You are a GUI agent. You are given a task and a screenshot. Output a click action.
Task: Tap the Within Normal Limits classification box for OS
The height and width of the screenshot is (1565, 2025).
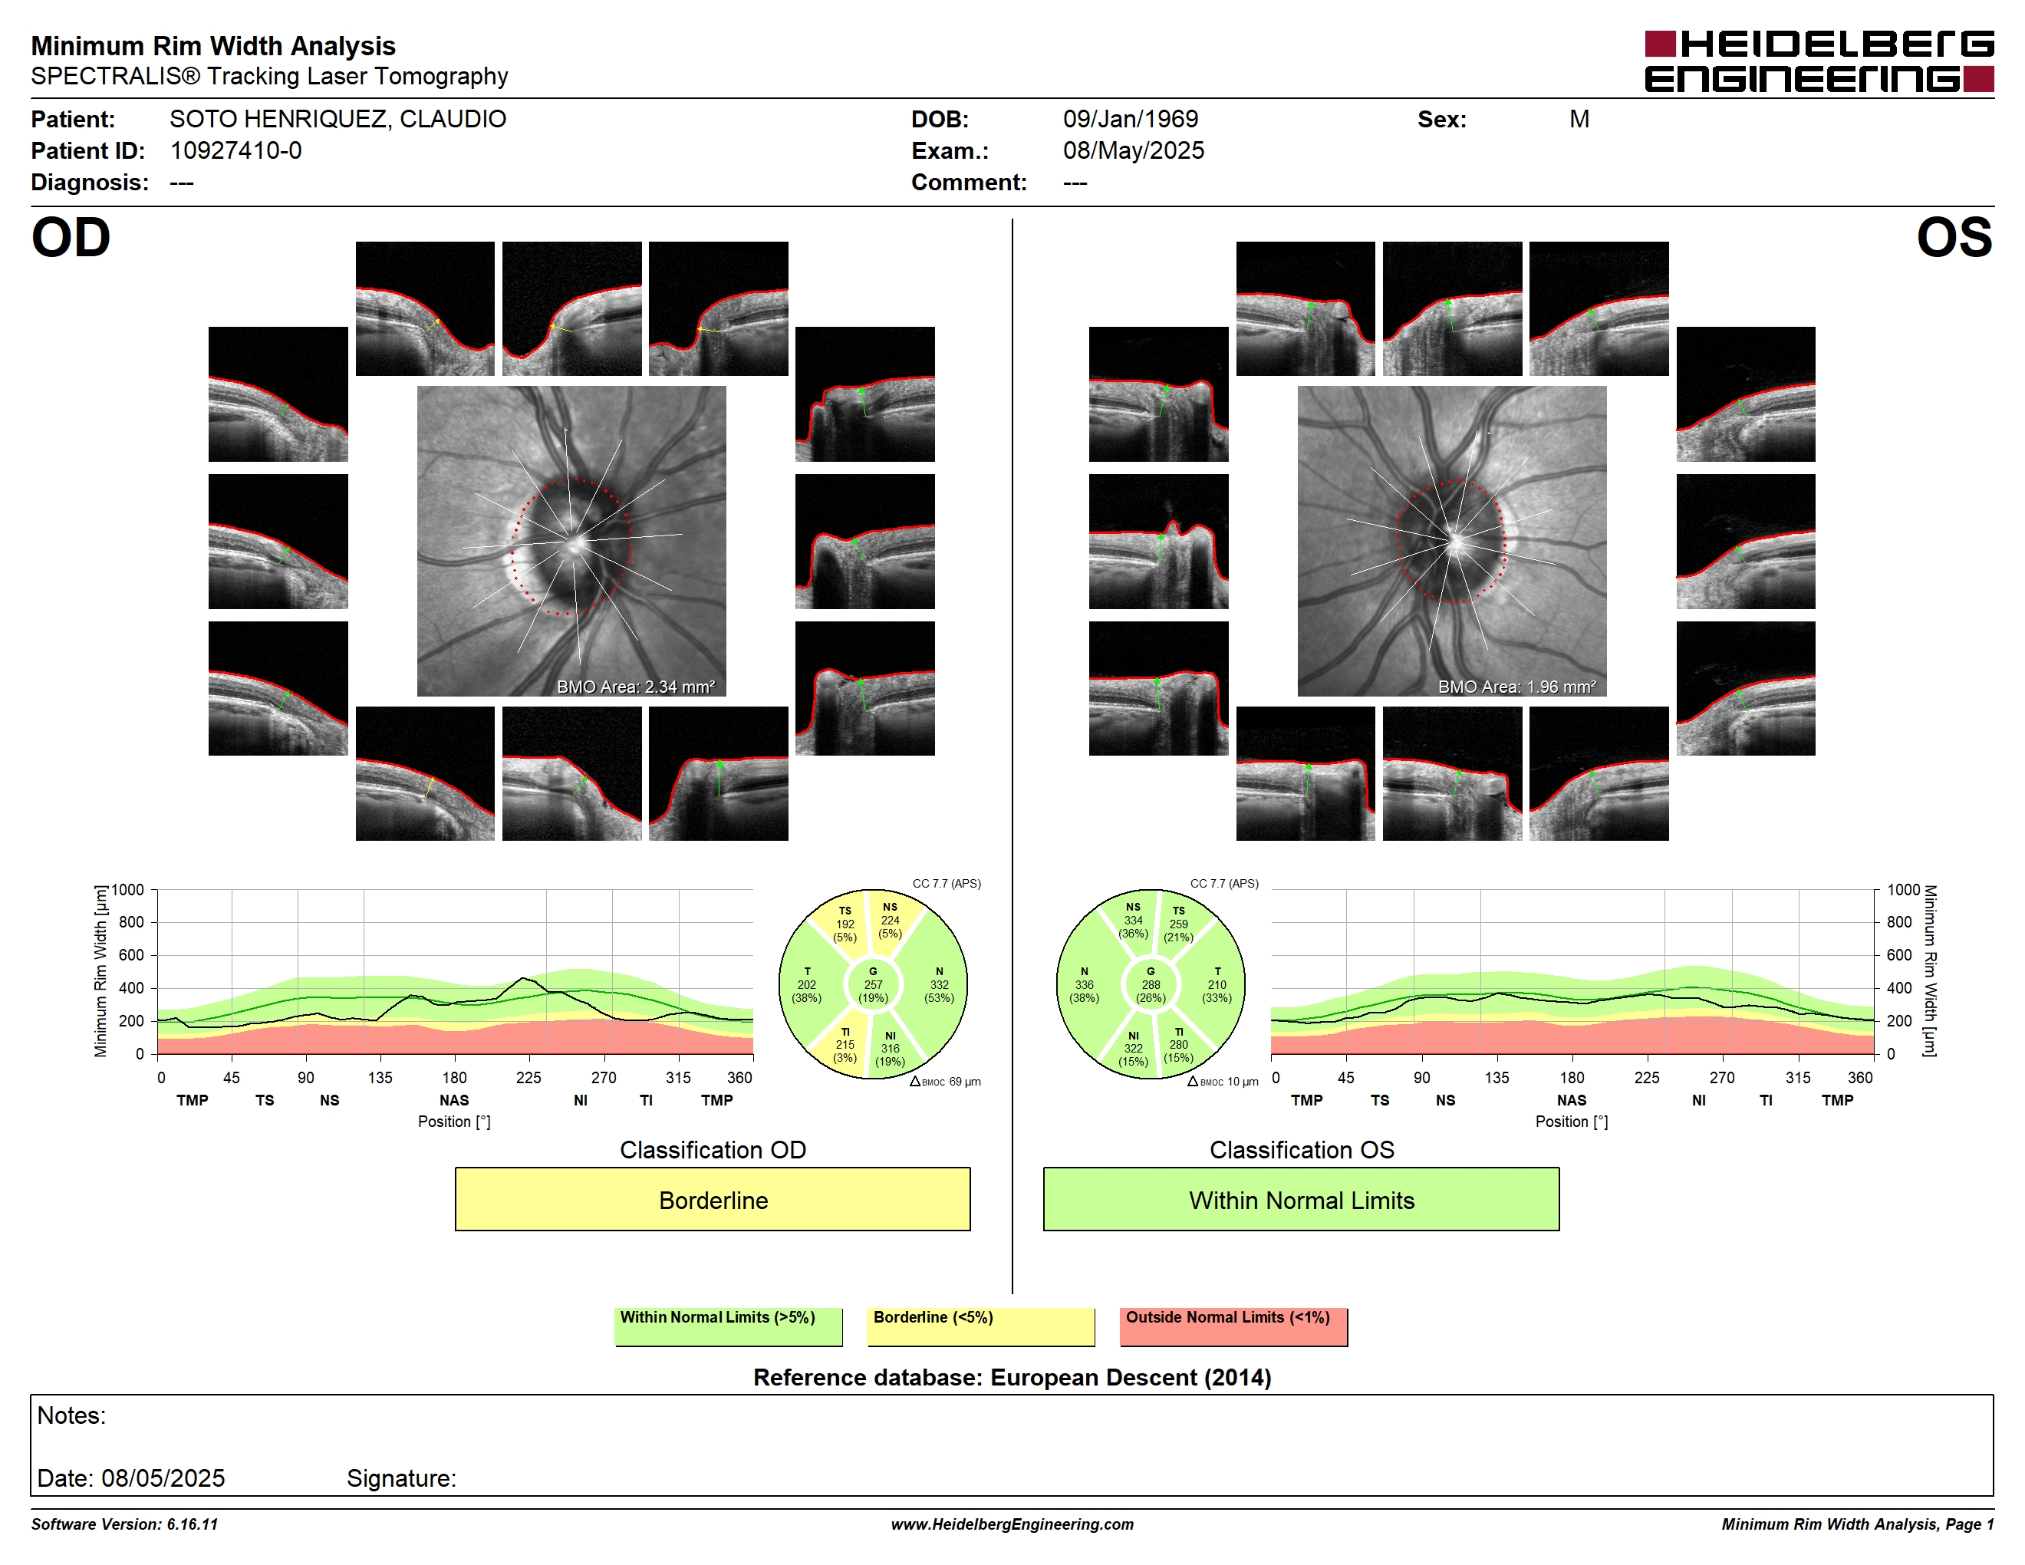[x=1301, y=1199]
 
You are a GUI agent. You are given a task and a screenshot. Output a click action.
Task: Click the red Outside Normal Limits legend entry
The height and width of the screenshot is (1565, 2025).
[x=1233, y=1326]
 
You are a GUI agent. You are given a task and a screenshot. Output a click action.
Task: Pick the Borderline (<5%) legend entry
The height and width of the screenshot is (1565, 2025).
[x=980, y=1326]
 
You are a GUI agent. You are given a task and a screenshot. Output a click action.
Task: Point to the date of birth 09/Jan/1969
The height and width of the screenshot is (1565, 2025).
[x=1131, y=119]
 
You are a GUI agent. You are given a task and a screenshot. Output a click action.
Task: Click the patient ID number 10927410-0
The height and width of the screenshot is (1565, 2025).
[x=235, y=150]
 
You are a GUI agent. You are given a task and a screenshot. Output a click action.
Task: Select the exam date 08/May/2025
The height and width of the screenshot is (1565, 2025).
[x=1133, y=150]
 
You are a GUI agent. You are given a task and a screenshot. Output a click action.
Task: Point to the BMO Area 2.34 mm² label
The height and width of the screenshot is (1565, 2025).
[x=636, y=687]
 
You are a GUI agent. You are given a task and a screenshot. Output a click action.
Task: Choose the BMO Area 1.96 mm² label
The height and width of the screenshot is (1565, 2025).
[x=1517, y=687]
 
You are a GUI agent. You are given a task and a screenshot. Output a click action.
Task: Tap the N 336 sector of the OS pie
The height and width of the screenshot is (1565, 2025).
[x=1084, y=984]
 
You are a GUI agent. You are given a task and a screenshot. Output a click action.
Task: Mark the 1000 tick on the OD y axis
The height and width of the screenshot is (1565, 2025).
[x=128, y=890]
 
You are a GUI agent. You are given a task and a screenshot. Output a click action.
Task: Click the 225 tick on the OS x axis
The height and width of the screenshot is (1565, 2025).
[x=1647, y=1077]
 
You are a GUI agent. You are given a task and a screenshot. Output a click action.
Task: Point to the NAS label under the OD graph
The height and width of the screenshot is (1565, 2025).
[x=454, y=1101]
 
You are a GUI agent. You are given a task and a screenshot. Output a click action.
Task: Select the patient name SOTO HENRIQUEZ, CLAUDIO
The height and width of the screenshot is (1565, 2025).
[x=337, y=119]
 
